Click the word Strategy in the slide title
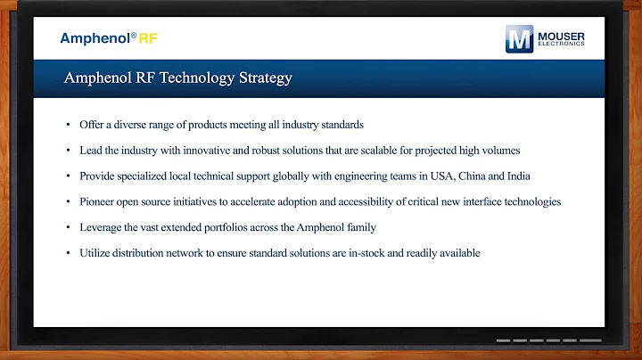point(260,78)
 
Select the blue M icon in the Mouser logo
point(519,39)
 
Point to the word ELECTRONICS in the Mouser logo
point(561,45)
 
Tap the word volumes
point(501,150)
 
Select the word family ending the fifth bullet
point(361,227)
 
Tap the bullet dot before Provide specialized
point(69,176)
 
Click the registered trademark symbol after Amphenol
point(133,36)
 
